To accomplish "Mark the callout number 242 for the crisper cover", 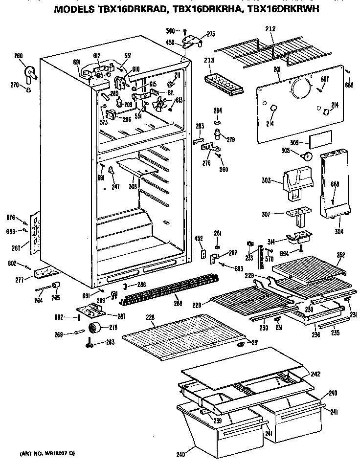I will click(315, 374).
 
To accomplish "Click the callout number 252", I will click(341, 254).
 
